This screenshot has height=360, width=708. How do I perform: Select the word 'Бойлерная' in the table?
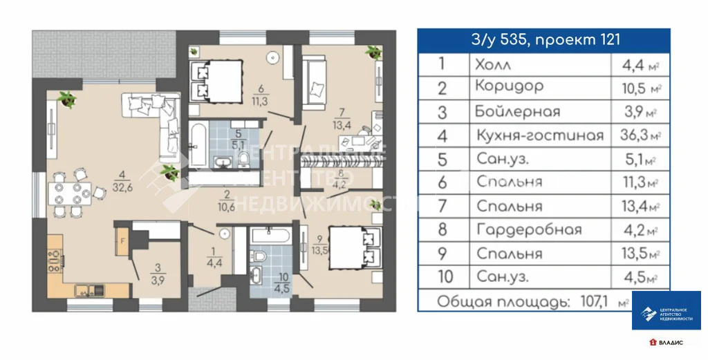517,111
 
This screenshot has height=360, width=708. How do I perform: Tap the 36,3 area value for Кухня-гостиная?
631,135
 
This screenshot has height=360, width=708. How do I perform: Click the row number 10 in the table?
447,277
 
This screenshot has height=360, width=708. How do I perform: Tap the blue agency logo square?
666,310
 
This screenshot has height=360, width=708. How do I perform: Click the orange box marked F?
122,243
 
